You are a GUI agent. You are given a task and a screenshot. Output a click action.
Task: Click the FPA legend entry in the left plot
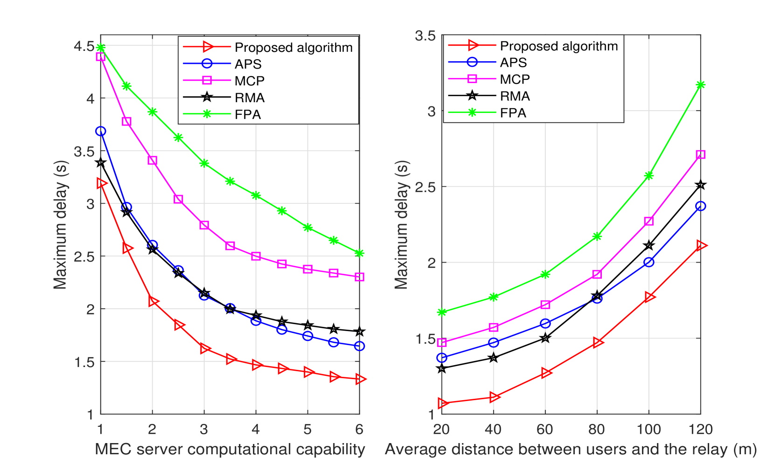tap(247, 114)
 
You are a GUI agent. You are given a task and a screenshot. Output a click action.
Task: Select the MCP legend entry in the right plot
tap(515, 79)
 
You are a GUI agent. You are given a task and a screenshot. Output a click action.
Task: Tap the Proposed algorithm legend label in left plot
tap(293, 47)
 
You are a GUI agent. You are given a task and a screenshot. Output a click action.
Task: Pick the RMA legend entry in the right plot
tap(515, 96)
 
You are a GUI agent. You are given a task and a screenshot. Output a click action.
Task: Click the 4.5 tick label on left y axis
tap(84, 46)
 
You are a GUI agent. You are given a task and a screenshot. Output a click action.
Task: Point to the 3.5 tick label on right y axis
tap(425, 35)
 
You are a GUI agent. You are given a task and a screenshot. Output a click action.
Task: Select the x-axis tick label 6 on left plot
tap(359, 429)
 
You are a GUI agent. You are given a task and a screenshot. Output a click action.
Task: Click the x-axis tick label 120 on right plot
tap(700, 429)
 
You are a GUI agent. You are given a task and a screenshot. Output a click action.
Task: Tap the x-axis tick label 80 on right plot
tap(597, 429)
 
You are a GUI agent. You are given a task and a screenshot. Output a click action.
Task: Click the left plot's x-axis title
tap(230, 449)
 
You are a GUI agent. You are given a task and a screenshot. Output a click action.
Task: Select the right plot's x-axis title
tap(571, 449)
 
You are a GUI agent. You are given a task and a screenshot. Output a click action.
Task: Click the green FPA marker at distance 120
tap(700, 85)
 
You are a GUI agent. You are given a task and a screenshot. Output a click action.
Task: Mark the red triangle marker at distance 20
tap(442, 403)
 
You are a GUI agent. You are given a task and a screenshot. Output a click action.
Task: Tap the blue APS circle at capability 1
tap(101, 132)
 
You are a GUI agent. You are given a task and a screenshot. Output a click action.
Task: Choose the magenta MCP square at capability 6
tap(359, 277)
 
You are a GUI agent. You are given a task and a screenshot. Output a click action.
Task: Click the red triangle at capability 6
tap(360, 379)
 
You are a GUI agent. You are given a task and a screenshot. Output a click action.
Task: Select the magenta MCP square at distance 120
tap(700, 154)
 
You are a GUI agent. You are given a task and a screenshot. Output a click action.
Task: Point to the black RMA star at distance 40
tap(494, 358)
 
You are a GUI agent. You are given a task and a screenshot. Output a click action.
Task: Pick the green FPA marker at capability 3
tap(204, 163)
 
